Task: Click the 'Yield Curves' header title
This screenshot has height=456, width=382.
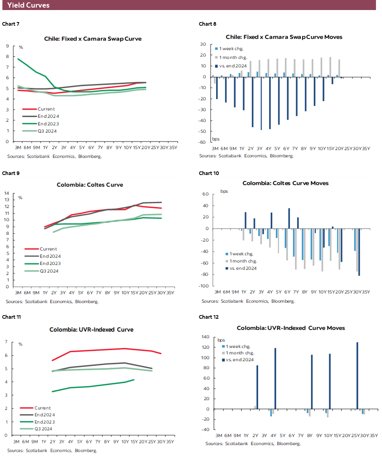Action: click(x=28, y=5)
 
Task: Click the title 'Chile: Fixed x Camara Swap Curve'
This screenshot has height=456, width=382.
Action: click(x=93, y=39)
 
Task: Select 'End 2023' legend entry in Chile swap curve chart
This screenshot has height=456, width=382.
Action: click(x=48, y=124)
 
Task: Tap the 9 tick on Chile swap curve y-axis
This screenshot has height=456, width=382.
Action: click(x=8, y=46)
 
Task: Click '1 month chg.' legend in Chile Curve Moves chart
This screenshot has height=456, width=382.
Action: click(x=233, y=57)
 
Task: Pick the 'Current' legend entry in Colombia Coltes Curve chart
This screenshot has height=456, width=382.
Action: click(x=48, y=249)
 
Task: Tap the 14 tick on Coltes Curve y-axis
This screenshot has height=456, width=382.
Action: click(x=7, y=193)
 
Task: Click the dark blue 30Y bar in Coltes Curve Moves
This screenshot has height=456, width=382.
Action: click(x=358, y=252)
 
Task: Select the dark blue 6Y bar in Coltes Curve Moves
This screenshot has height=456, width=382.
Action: click(x=289, y=218)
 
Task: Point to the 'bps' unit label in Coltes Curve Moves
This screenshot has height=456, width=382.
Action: click(x=224, y=191)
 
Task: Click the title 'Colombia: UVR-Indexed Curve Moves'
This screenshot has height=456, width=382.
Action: click(x=290, y=328)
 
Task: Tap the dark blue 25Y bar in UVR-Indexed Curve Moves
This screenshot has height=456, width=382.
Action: click(x=357, y=376)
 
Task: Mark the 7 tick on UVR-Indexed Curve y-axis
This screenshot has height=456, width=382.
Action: click(x=6, y=342)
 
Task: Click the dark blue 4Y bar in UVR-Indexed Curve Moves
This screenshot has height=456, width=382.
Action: click(x=275, y=379)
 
